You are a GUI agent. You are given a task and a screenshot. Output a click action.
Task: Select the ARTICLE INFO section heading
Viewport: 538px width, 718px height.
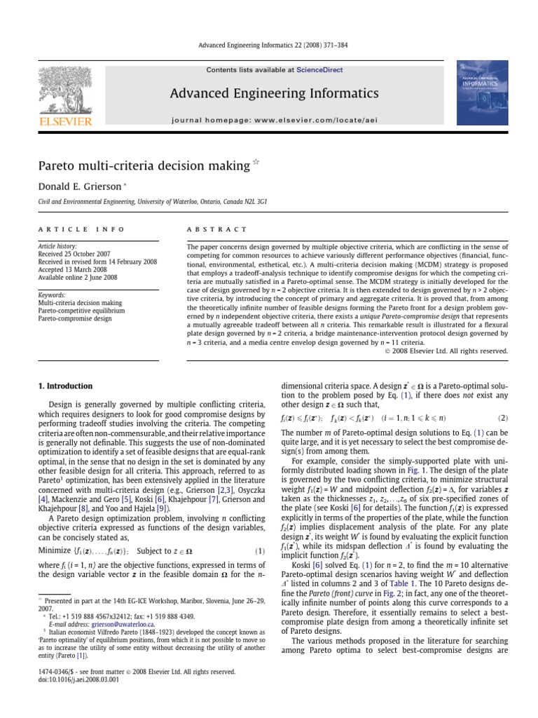pos(82,229)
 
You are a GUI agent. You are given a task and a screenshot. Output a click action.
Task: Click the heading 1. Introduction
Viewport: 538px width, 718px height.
pos(65,386)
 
